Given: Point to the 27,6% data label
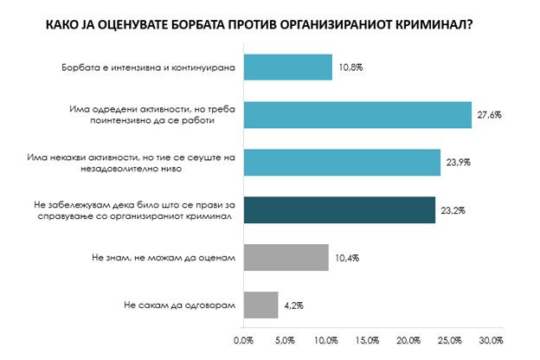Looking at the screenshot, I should [489, 115].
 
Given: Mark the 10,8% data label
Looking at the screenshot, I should [349, 67].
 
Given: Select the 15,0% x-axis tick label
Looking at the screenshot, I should [368, 338].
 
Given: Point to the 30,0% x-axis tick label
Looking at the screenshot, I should [491, 338].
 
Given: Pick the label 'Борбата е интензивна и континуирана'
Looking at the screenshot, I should [144, 67].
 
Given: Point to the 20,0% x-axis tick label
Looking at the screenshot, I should [408, 338].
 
